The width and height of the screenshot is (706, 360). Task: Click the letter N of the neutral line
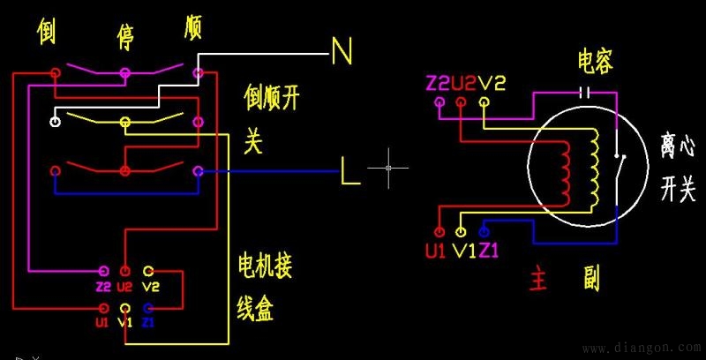(x=342, y=50)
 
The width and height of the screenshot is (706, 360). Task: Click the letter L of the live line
(x=350, y=171)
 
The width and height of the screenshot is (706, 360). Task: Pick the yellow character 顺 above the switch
(x=193, y=26)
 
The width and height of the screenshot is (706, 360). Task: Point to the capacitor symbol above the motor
(x=583, y=91)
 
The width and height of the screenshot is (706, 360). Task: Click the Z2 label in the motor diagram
(x=438, y=83)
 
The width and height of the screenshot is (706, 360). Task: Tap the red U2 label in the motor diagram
(x=463, y=83)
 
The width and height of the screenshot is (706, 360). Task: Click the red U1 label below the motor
(x=435, y=251)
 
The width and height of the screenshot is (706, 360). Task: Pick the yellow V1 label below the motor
(x=462, y=251)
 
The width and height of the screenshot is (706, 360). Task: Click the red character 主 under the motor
(x=539, y=280)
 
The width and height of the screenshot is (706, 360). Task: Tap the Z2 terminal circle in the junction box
(x=104, y=271)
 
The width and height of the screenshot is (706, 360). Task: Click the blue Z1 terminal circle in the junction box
(x=148, y=308)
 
